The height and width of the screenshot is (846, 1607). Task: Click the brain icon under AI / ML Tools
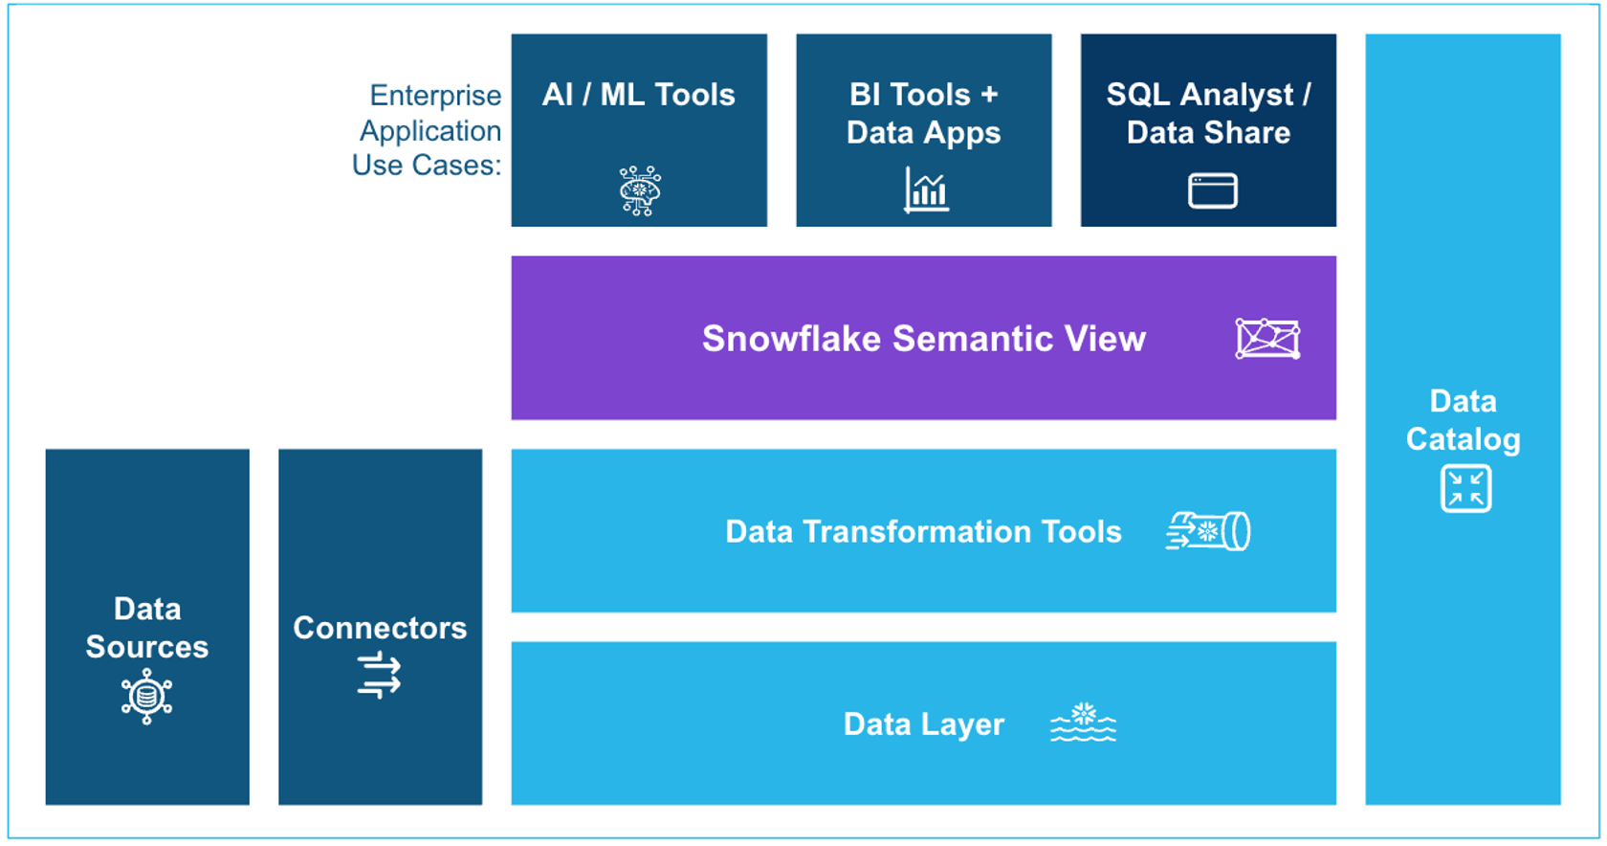pyautogui.click(x=640, y=190)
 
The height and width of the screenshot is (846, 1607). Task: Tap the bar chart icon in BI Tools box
pyautogui.click(x=926, y=189)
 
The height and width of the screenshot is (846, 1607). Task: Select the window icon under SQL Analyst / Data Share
pyautogui.click(x=1212, y=190)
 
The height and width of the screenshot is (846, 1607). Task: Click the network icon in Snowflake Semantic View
pyautogui.click(x=1267, y=339)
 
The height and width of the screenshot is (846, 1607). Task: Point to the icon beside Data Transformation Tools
pyautogui.click(x=1208, y=531)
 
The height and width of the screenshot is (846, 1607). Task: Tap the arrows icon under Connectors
pyautogui.click(x=380, y=675)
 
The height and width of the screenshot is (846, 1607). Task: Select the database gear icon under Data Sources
pyautogui.click(x=146, y=696)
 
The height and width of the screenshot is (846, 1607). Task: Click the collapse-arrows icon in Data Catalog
pyautogui.click(x=1465, y=489)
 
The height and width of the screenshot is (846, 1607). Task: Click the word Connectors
pyautogui.click(x=380, y=628)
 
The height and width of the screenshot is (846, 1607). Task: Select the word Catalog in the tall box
pyautogui.click(x=1463, y=439)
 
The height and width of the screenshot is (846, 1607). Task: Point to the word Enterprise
pyautogui.click(x=435, y=96)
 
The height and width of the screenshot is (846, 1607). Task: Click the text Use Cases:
pyautogui.click(x=427, y=166)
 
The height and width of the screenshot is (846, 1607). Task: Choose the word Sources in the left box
pyautogui.click(x=146, y=647)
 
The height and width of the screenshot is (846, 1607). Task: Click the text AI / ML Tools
pyautogui.click(x=638, y=95)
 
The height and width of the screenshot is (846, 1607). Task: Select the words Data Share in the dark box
pyautogui.click(x=1208, y=133)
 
